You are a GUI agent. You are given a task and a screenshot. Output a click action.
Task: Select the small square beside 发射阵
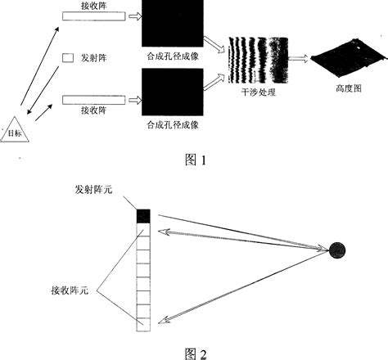point(68,57)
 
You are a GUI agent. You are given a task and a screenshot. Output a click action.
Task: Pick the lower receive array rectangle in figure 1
point(91,101)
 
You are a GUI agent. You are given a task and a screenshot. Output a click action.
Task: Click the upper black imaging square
point(171,24)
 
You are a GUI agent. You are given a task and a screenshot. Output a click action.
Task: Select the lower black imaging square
point(171,93)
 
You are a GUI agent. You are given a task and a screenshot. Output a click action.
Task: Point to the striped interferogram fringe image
point(259,60)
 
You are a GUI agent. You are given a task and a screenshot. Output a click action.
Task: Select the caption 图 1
point(194,160)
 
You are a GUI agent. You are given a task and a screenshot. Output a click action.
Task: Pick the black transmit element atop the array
point(144,216)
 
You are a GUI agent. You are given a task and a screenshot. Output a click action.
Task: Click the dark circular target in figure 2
point(337,251)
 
